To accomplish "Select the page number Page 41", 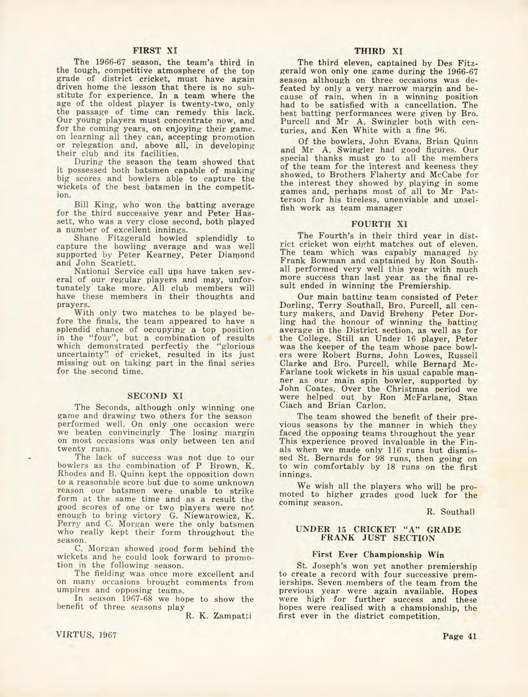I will click(459, 637).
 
